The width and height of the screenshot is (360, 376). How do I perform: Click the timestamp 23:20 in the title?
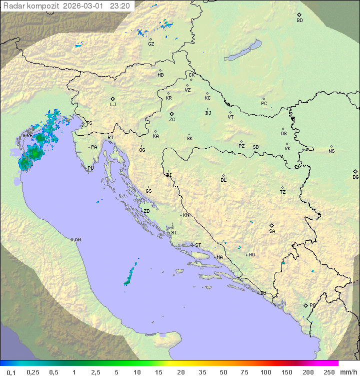tap(120, 6)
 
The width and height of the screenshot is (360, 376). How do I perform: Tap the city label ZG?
tap(172, 120)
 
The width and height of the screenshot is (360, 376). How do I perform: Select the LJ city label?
tap(113, 105)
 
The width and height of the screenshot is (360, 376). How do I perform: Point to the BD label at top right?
tap(299, 21)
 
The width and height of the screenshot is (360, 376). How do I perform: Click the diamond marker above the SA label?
tap(272, 225)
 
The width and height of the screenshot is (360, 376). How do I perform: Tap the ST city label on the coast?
tap(198, 245)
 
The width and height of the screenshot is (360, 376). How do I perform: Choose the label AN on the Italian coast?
tap(77, 240)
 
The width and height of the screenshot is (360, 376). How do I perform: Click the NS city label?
tap(331, 151)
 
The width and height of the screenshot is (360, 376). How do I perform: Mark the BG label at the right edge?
tap(355, 177)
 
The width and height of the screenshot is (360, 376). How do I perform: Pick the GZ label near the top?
tap(151, 44)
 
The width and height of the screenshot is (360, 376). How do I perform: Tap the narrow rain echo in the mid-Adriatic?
tap(130, 274)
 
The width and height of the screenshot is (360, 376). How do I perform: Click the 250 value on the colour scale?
tap(329, 372)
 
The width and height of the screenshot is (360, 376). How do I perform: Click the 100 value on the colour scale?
tap(265, 372)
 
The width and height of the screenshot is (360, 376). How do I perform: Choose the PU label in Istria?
tap(90, 168)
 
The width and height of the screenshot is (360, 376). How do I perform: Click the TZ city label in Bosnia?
tap(282, 192)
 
